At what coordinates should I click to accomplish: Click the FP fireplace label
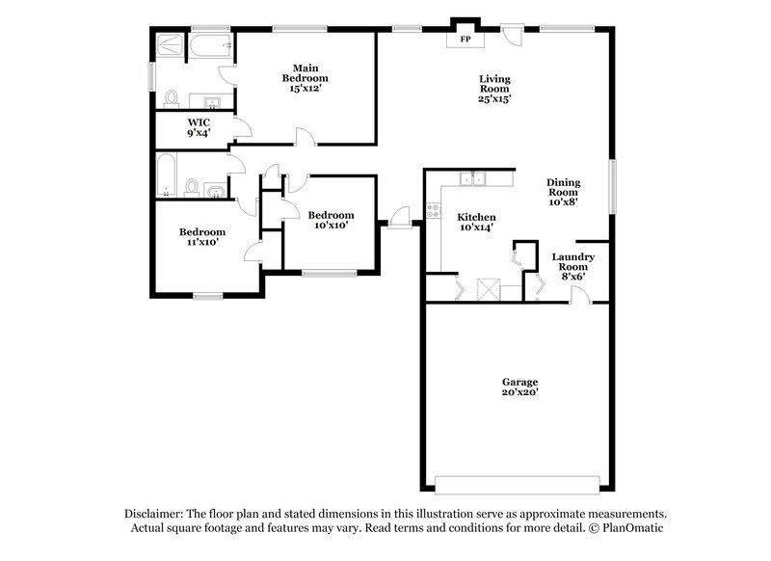pos(465,40)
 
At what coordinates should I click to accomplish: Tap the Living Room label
pos(494,84)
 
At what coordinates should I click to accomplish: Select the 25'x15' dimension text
pos(494,98)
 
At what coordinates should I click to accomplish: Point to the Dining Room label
pos(563,188)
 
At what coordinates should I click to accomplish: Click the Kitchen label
pos(476,216)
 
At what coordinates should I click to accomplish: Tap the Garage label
pos(518,382)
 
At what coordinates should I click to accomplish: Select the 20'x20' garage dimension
pos(518,392)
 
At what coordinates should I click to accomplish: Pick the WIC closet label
pos(199,122)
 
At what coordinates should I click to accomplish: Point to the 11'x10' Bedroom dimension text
pos(202,243)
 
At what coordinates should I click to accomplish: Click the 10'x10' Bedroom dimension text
pos(330,226)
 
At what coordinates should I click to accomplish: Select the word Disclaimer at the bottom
pos(153,514)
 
